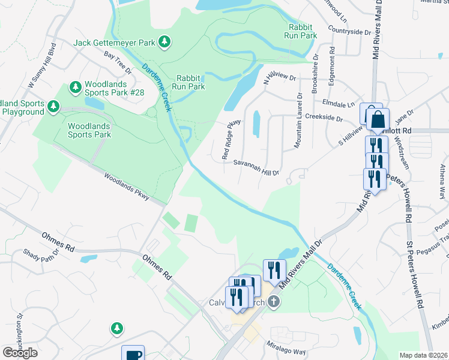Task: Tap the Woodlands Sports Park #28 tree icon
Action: (x=76, y=88)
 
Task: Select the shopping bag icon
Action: (x=378, y=119)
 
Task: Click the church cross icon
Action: (x=274, y=302)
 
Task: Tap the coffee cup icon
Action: (x=133, y=355)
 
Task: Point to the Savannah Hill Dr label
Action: (x=256, y=167)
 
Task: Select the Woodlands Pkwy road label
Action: (x=126, y=187)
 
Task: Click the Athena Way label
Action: (x=442, y=184)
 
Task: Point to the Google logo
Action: (x=20, y=352)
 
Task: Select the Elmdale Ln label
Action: (x=339, y=103)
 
